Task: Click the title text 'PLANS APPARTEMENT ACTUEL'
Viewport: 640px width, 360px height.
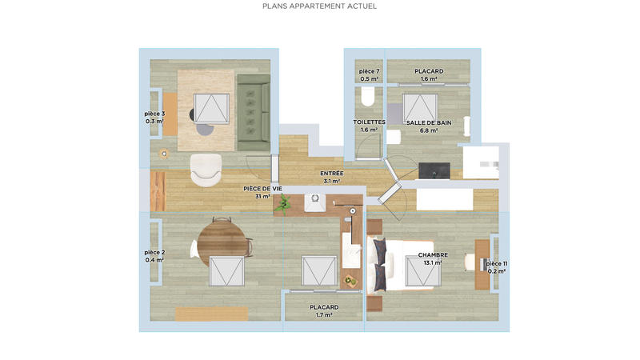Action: pos(319,6)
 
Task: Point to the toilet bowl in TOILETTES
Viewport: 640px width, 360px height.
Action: pos(368,98)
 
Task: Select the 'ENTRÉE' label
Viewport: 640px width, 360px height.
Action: pos(331,173)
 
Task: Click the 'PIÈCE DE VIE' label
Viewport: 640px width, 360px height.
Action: pos(262,189)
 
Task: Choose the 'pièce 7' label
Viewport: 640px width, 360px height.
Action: pos(369,71)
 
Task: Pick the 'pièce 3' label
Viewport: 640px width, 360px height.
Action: pos(155,114)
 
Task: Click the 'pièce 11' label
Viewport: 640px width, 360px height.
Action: pos(496,263)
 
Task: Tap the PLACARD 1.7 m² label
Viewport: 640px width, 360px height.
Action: pos(324,307)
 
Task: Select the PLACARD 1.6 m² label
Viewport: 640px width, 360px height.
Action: pos(428,71)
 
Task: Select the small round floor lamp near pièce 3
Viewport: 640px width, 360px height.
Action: pos(165,154)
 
